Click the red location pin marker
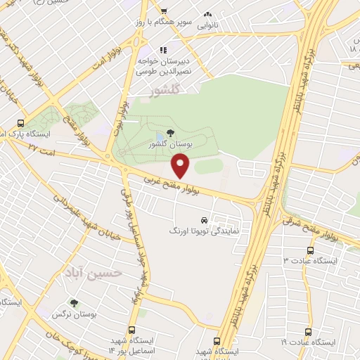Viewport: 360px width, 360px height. click(181, 166)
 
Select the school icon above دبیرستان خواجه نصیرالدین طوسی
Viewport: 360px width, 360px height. click(162, 51)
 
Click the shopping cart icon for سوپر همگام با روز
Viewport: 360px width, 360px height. click(163, 11)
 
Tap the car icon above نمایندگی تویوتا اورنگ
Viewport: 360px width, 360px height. click(205, 219)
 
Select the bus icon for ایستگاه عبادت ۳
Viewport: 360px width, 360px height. click(310, 250)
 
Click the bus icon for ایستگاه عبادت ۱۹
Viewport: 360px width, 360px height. click(307, 332)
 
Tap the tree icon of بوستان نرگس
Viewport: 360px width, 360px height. click(74, 303)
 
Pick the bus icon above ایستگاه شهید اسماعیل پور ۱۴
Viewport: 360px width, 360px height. click(132, 329)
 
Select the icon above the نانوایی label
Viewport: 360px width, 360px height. click(207, 14)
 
